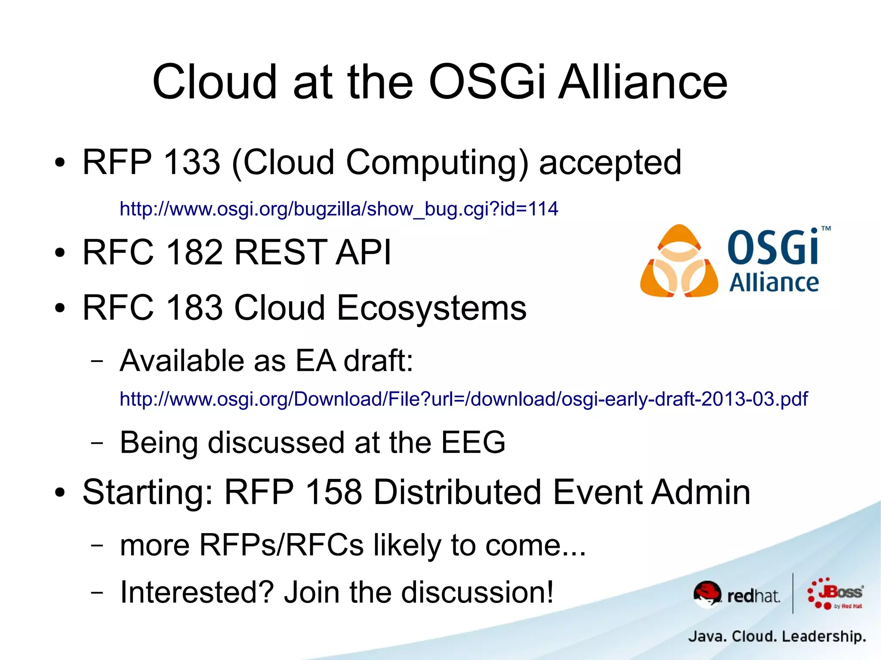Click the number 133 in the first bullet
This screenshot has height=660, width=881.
tap(192, 162)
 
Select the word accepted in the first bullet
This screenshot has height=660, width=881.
tap(610, 163)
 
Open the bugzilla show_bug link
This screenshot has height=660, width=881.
tap(339, 209)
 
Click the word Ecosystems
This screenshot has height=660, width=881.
tap(431, 308)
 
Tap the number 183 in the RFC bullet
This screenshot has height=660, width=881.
tap(194, 308)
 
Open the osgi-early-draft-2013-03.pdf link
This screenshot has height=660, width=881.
tap(463, 399)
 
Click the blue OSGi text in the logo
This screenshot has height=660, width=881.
tap(773, 248)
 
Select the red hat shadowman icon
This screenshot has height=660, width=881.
tap(707, 594)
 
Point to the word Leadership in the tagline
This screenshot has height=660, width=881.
tap(823, 636)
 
